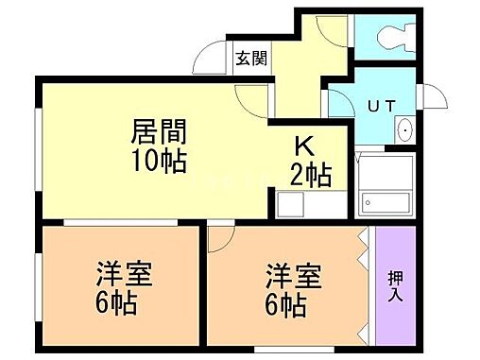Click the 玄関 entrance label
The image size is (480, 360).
click(251, 58)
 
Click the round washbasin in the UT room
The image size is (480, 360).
click(403, 130)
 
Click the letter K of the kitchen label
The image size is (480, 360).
click(304, 147)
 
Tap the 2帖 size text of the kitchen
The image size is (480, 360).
click(309, 174)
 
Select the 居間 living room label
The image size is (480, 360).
click(157, 129)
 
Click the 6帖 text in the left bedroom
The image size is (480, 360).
click(117, 305)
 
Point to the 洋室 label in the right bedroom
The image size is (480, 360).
click(292, 278)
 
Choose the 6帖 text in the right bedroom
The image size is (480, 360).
click(286, 305)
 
